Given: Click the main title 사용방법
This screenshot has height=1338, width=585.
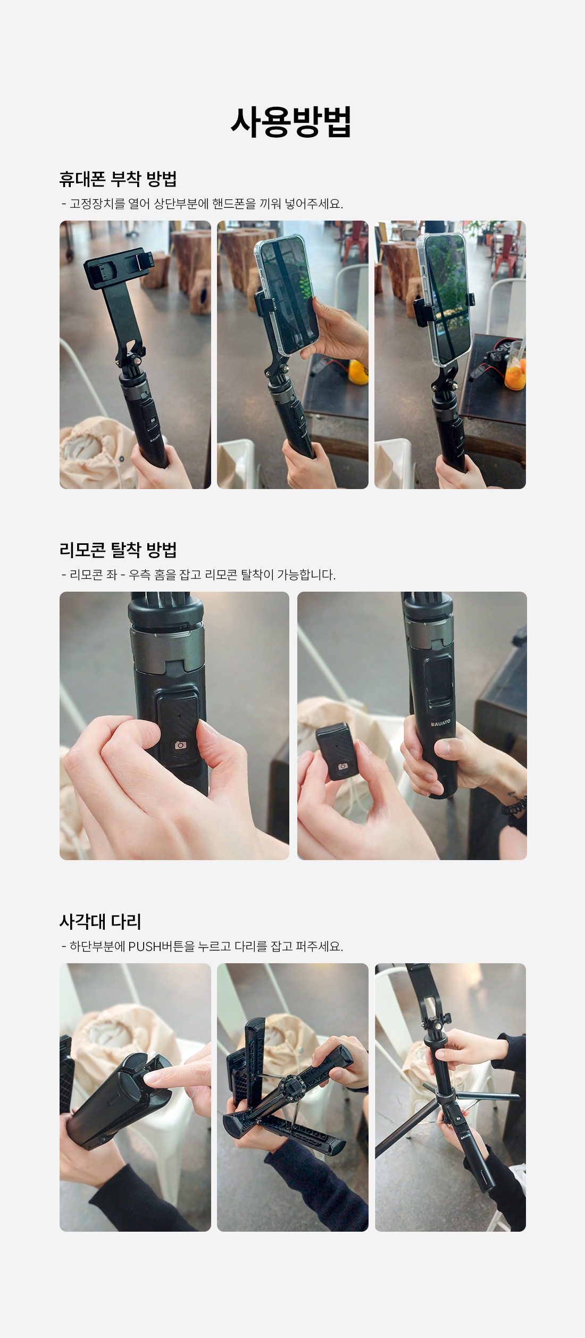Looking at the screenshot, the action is (x=291, y=122).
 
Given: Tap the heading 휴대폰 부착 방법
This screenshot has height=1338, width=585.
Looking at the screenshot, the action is (x=118, y=179).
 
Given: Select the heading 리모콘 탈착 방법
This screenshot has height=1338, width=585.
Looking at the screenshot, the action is (x=118, y=550).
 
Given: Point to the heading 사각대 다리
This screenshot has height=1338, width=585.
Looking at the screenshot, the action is (x=101, y=921).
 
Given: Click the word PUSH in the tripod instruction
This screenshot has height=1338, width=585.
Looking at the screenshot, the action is (x=145, y=946).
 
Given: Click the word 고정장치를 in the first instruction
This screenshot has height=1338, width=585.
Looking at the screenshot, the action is (x=97, y=204).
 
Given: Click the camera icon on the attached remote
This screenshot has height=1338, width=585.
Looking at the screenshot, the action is (x=181, y=745).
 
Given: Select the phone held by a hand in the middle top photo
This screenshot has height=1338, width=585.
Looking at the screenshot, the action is (x=286, y=296).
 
